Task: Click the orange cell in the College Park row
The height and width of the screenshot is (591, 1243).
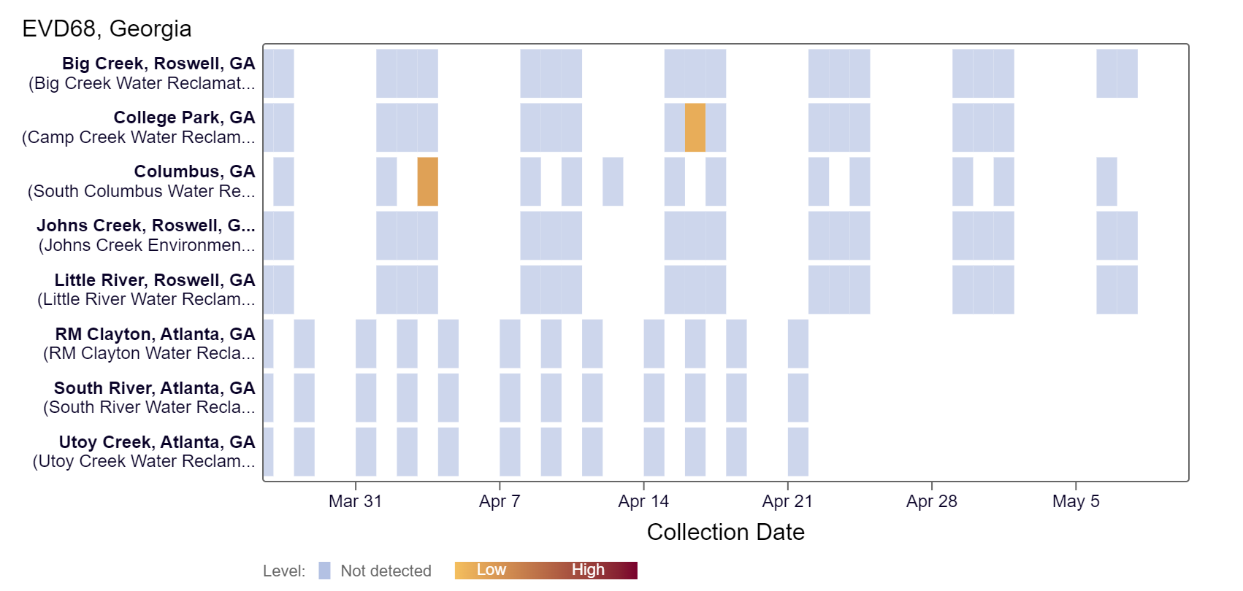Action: tap(695, 128)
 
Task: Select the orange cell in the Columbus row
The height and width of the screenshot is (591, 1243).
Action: tap(428, 182)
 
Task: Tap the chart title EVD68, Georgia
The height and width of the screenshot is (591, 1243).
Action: tap(107, 29)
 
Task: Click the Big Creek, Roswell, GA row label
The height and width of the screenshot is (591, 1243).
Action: tap(158, 63)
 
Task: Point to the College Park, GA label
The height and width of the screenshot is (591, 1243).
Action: tap(184, 117)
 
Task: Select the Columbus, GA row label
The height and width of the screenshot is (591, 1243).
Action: tap(194, 171)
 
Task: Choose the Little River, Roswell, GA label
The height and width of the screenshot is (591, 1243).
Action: tap(155, 280)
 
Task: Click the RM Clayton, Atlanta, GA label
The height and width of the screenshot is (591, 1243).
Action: tap(155, 334)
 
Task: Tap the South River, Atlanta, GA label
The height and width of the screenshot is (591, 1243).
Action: tap(154, 388)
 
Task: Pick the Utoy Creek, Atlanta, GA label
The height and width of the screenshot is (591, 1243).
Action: tap(157, 442)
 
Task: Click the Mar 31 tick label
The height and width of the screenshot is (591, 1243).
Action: tap(355, 501)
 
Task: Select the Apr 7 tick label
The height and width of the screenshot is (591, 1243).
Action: tap(500, 501)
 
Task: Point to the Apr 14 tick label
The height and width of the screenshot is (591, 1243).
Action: tap(643, 501)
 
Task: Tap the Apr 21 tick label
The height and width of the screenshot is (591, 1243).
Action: tap(787, 501)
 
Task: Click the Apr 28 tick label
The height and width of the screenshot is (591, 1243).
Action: tap(931, 501)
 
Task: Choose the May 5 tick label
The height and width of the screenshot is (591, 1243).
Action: tap(1076, 501)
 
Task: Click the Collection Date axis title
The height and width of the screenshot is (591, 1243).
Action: tap(725, 532)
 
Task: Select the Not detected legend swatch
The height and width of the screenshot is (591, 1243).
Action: tap(324, 571)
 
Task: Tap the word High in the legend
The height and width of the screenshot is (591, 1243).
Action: tap(588, 570)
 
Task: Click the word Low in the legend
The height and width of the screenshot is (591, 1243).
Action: tap(492, 570)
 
